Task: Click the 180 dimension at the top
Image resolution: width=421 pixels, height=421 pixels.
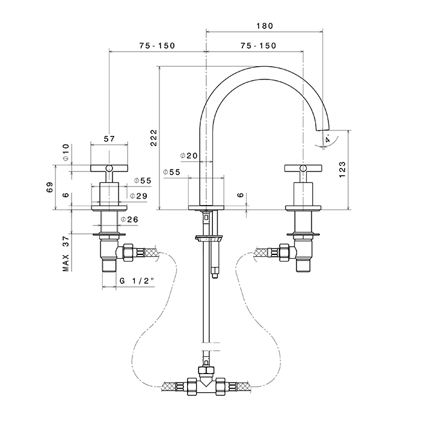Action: click(264, 26)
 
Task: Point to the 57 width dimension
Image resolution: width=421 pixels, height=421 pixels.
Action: click(109, 139)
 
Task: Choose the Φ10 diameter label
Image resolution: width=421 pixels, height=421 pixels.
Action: click(66, 153)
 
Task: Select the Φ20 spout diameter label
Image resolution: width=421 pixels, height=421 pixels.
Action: click(189, 156)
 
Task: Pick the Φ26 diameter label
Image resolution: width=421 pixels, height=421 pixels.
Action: click(129, 220)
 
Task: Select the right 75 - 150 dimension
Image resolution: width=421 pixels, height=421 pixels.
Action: click(258, 46)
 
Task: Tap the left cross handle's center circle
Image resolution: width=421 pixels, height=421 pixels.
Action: click(109, 168)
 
